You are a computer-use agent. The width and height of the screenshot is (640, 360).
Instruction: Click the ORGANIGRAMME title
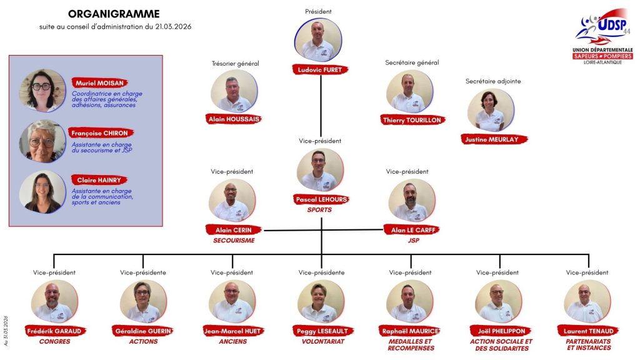(x=114, y=14)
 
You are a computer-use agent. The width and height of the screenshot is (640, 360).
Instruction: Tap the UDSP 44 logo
(x=602, y=36)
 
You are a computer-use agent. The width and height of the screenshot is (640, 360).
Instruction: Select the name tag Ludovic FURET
(x=320, y=70)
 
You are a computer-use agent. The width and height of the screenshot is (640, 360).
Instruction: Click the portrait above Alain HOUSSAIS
(x=234, y=91)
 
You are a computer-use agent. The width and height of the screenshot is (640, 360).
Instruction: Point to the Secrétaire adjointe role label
(x=493, y=81)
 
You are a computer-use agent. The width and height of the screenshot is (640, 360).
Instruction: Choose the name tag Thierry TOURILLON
(x=412, y=120)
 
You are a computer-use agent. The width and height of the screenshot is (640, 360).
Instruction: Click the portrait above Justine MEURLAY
(x=491, y=110)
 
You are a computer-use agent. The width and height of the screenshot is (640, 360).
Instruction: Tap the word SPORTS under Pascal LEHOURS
(x=319, y=210)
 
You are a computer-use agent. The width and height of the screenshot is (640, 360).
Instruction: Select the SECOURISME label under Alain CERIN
(x=234, y=241)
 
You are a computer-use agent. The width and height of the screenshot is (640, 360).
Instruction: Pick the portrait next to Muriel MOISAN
(x=42, y=91)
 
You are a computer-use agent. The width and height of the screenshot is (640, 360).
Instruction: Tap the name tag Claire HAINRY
(x=99, y=180)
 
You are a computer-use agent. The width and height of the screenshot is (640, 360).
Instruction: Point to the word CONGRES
(x=55, y=342)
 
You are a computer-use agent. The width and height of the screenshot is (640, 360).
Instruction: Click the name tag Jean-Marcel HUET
(x=232, y=331)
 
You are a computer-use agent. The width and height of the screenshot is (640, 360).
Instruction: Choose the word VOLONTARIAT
(x=323, y=342)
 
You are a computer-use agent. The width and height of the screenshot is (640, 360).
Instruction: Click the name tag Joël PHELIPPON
(x=502, y=331)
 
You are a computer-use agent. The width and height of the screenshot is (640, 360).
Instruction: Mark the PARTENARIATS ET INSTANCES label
(x=588, y=344)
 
